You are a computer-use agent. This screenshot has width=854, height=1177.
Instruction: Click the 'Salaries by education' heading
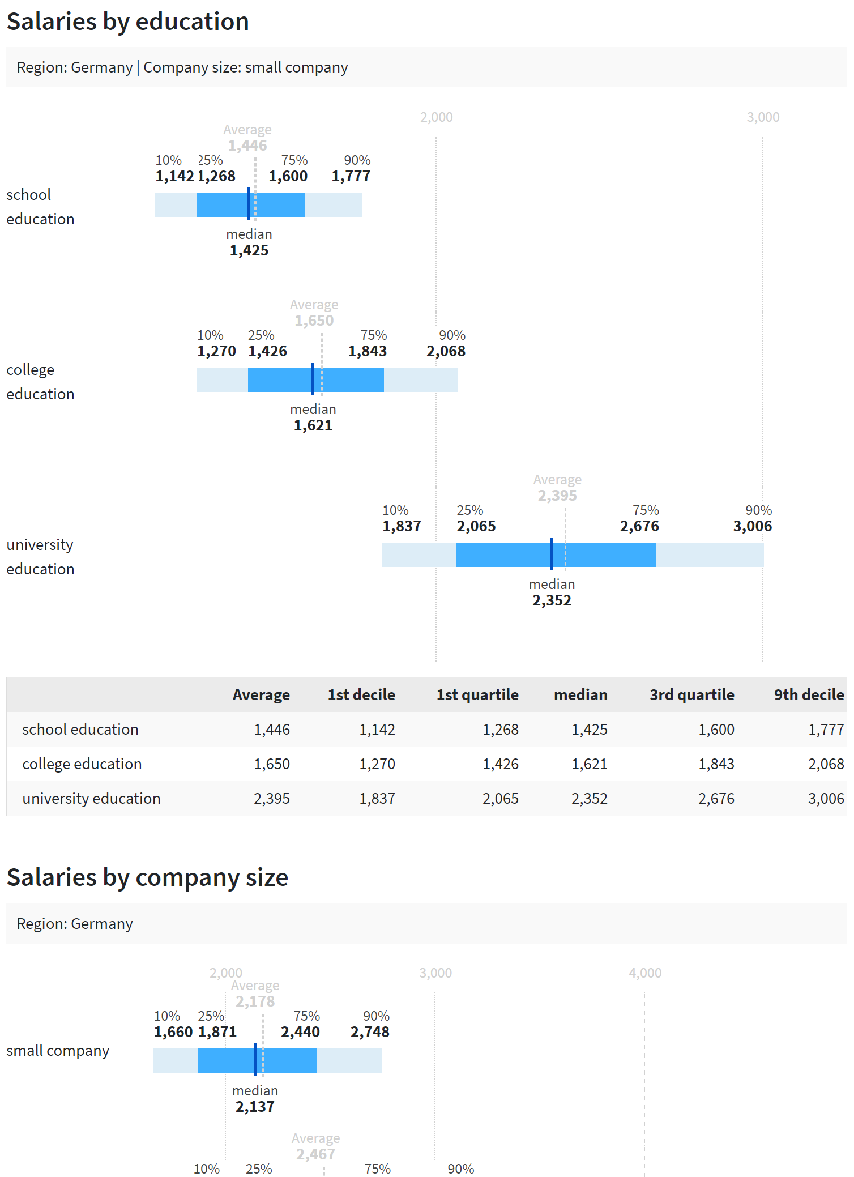pyautogui.click(x=128, y=22)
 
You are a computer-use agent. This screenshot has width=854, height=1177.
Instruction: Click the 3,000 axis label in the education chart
pyautogui.click(x=763, y=117)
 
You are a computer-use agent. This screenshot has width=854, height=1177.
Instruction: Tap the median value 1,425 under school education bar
pyautogui.click(x=249, y=250)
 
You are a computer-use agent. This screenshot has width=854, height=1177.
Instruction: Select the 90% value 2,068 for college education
pyautogui.click(x=446, y=351)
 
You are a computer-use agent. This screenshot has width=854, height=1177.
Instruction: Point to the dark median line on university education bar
pyautogui.click(x=552, y=555)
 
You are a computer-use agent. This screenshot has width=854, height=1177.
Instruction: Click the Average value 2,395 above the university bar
pyautogui.click(x=557, y=496)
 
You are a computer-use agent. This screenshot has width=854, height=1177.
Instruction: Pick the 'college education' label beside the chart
pyautogui.click(x=40, y=382)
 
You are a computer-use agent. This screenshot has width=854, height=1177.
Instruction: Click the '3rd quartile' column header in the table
pyautogui.click(x=691, y=695)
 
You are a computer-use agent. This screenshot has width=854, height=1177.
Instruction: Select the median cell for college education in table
pyautogui.click(x=589, y=764)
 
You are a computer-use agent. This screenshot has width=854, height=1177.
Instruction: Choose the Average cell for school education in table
pyautogui.click(x=272, y=730)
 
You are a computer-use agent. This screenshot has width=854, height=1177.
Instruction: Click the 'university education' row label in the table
pyautogui.click(x=91, y=799)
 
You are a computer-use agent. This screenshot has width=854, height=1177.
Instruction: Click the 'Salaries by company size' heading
pyautogui.click(x=147, y=877)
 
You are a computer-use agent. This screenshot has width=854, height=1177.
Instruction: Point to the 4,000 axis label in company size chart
pyautogui.click(x=645, y=973)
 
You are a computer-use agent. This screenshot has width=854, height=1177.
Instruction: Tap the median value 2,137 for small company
pyautogui.click(x=255, y=1107)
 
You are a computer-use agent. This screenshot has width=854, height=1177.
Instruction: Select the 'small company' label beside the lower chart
pyautogui.click(x=58, y=1051)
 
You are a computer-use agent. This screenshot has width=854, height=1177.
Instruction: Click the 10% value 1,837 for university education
pyautogui.click(x=402, y=526)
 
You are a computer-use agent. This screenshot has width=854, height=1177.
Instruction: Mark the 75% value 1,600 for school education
pyautogui.click(x=288, y=176)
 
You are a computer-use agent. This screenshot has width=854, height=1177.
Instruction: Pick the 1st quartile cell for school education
pyautogui.click(x=500, y=730)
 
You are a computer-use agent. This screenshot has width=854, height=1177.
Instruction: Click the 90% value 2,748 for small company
pyautogui.click(x=370, y=1032)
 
